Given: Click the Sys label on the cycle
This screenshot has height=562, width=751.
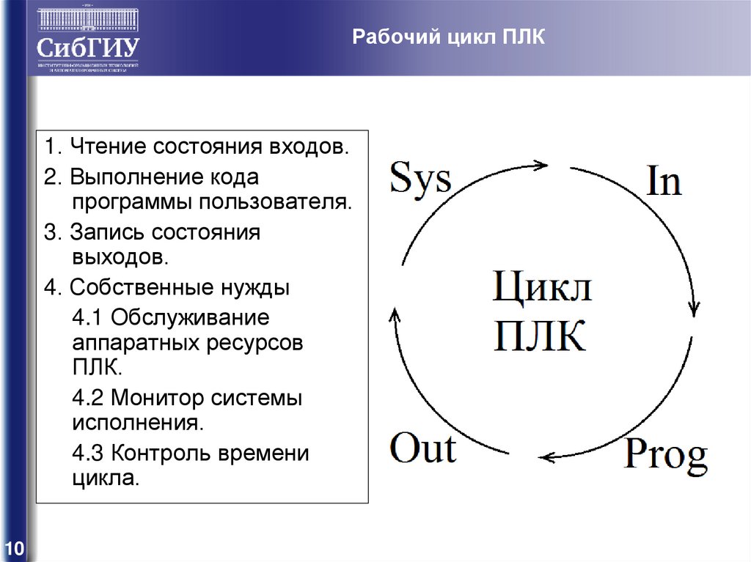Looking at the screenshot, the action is (x=420, y=177).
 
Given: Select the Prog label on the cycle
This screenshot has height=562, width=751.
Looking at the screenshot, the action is (x=665, y=456).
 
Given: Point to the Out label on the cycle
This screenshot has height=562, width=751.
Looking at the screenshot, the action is (x=422, y=448).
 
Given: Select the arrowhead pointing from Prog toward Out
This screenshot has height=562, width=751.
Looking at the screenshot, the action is (x=546, y=457).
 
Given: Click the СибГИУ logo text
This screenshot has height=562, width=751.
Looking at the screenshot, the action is (x=88, y=48).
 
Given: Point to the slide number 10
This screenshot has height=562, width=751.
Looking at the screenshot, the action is (x=15, y=549).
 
